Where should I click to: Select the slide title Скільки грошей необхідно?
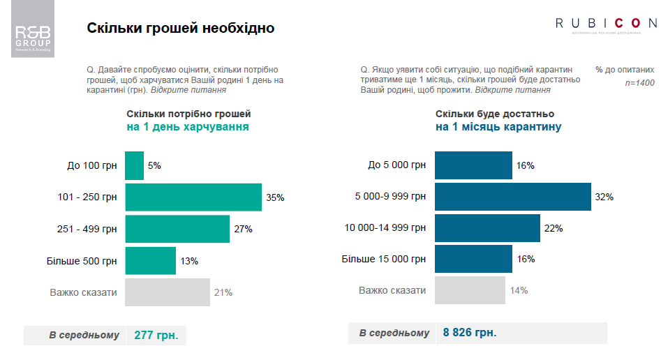coord(181,29)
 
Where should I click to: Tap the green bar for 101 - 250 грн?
coord(193,197)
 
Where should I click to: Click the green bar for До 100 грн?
coord(134,165)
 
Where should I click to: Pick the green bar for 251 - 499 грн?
coord(177,229)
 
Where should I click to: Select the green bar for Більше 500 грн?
coord(150,260)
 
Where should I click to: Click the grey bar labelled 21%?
coord(168,292)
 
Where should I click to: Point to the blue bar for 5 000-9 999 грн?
coord(512,197)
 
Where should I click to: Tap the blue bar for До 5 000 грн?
coord(473,165)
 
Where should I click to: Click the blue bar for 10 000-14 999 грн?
coord(487,228)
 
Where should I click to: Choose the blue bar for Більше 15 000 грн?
coord(473,259)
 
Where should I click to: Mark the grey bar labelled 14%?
coord(469,290)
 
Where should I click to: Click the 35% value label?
coord(275,197)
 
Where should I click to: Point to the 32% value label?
coord(604,197)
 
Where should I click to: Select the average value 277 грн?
coord(156,336)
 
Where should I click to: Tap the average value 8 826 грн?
coord(470,333)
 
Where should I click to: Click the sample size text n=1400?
coord(639,83)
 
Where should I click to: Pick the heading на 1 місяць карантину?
coord(498,128)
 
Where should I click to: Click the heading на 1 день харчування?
coord(187,127)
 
